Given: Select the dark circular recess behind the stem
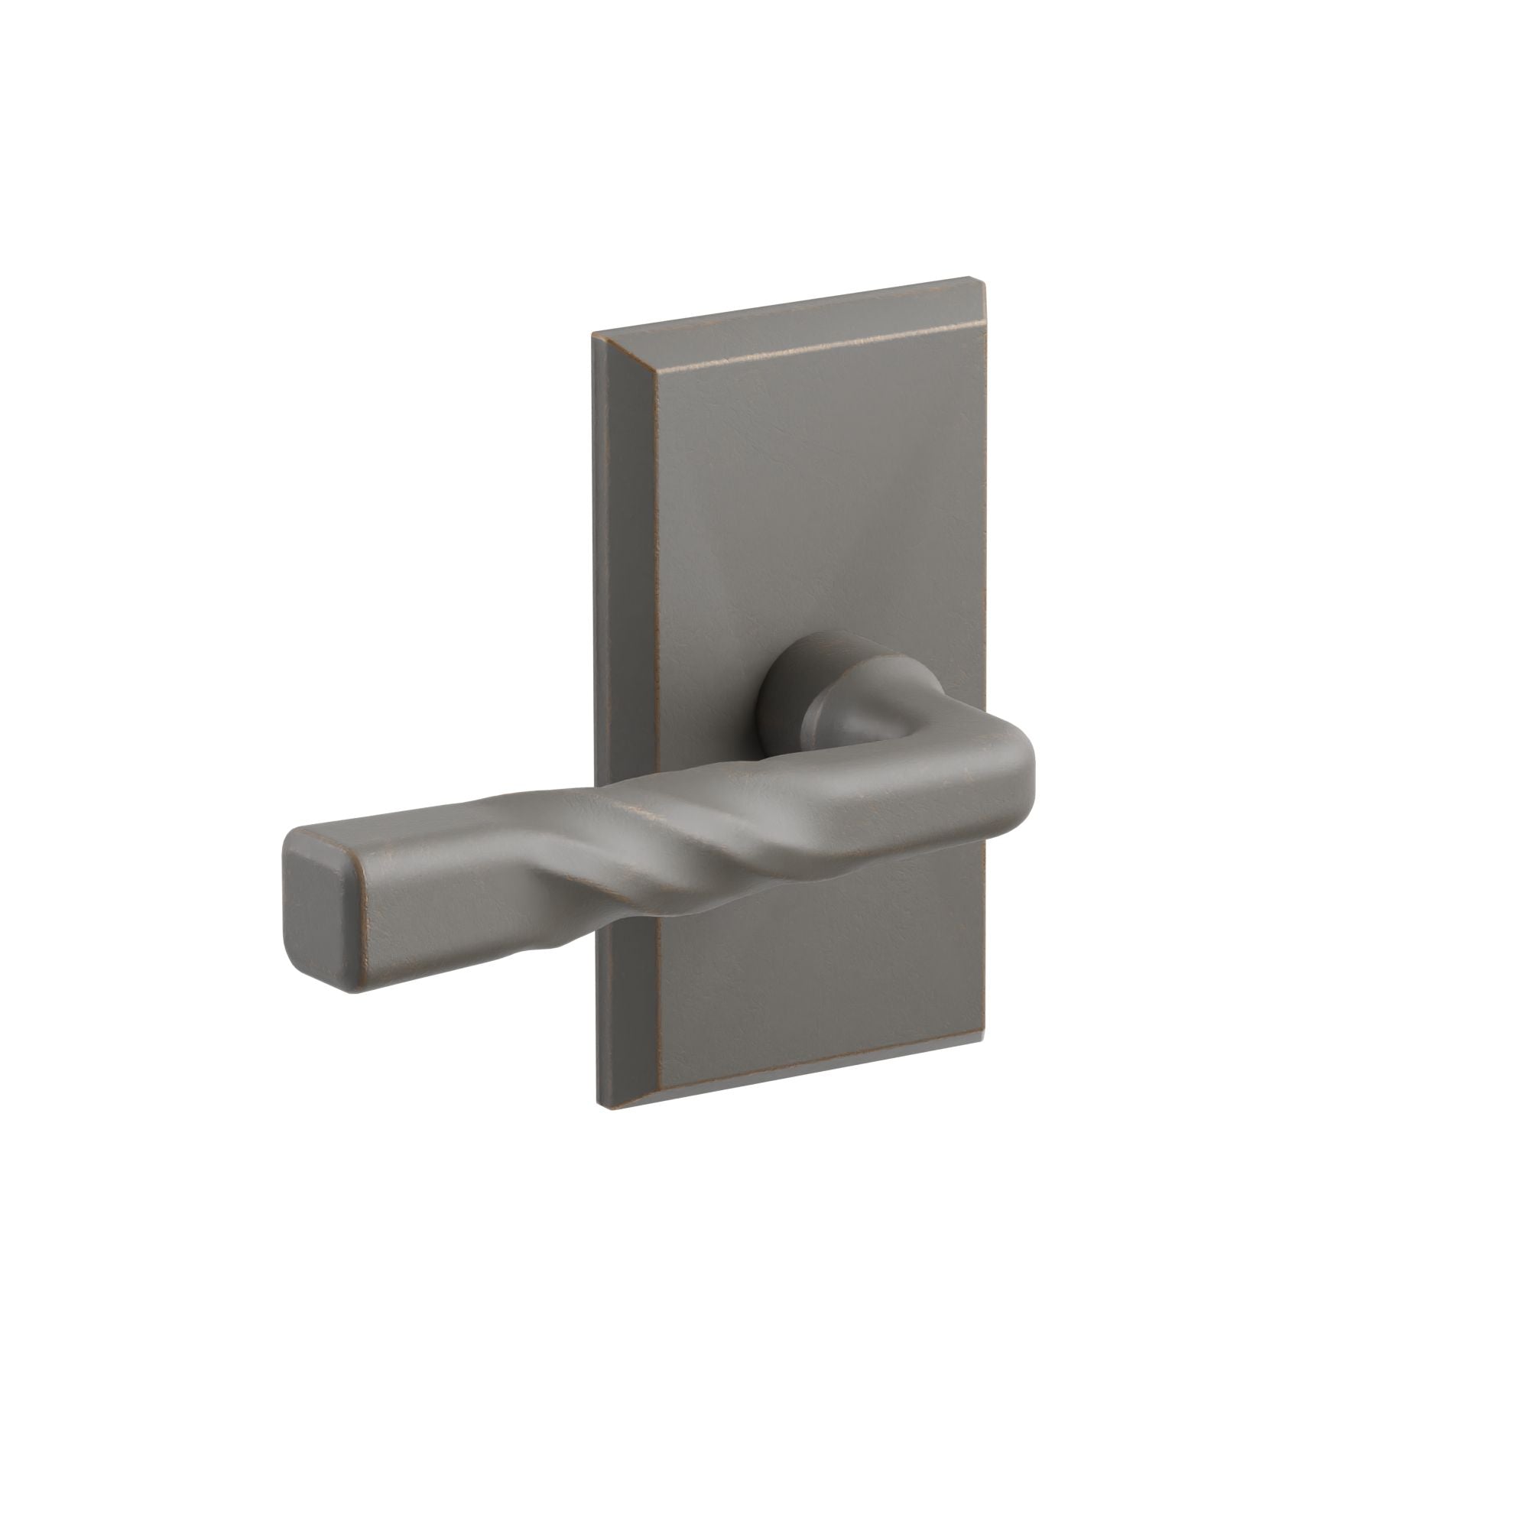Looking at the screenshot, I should tap(780, 689).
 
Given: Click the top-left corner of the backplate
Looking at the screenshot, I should tap(594, 336).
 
